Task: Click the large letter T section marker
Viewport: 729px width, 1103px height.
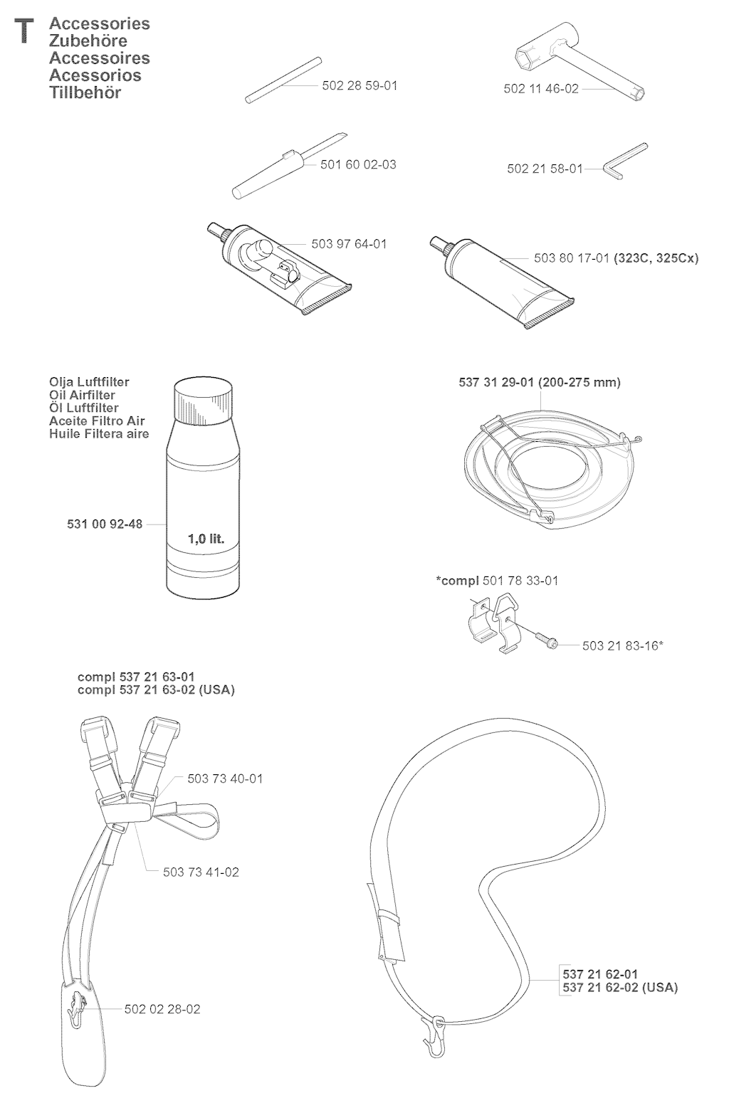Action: pos(23,31)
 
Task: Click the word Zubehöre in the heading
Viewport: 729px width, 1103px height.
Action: pos(88,41)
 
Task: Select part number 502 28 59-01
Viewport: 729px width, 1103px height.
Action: pos(360,85)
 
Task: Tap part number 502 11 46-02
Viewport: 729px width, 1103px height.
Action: pos(541,89)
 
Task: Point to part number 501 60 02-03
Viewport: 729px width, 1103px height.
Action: pos(358,164)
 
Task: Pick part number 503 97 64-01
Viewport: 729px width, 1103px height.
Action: pos(350,244)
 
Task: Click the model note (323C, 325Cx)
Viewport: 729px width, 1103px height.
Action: pos(656,258)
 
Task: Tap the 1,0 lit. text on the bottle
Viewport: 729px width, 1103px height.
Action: pos(206,539)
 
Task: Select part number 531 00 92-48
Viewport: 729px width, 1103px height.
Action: pos(105,524)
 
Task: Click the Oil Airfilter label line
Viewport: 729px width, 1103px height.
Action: pos(83,395)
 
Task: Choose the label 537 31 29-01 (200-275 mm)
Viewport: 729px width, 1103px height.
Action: pos(540,382)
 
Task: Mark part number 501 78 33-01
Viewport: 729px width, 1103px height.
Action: pos(520,581)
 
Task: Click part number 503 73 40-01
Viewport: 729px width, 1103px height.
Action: pos(225,779)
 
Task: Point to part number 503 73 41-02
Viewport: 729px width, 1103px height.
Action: pos(201,872)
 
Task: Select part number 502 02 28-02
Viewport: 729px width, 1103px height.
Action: pos(162,1009)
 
